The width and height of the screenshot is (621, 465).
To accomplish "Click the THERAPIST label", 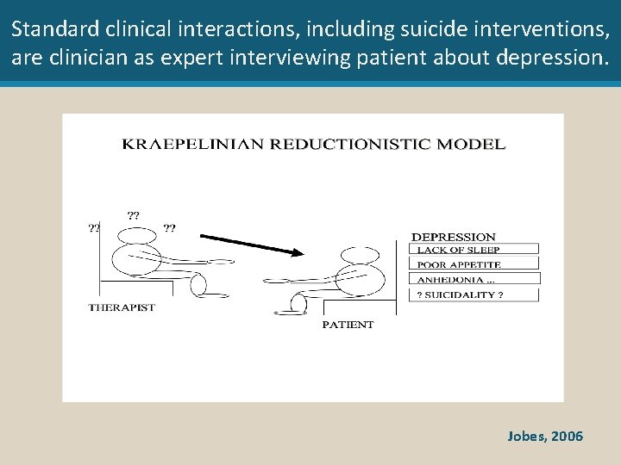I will coord(122,307).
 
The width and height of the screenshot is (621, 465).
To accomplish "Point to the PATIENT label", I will coord(348,325).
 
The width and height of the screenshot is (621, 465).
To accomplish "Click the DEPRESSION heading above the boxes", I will coord(454,237).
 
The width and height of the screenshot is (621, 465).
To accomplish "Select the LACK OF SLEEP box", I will coord(474,250).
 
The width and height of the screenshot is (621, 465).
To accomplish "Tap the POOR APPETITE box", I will coord(474,264).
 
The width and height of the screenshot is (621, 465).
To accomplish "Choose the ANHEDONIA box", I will coord(474,279).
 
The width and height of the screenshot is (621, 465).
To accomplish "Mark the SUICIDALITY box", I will coord(474,294).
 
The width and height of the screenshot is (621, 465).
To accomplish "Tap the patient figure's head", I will coord(359,256).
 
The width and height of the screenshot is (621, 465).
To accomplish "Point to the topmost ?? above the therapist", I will coord(134,214).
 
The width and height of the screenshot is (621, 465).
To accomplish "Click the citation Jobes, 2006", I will coord(545,437).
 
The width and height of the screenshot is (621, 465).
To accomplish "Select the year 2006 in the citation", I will coord(567,437).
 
